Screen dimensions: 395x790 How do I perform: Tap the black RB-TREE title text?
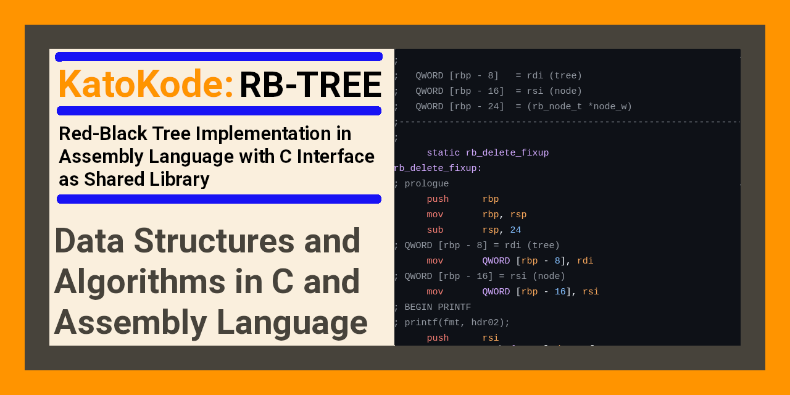310,85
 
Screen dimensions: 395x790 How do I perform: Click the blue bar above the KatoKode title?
218,57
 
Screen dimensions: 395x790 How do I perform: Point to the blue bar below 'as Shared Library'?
218,199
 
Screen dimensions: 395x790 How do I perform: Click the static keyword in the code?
443,153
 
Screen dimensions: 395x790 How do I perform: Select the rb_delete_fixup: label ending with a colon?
438,168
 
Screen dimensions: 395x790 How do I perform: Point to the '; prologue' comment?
422,184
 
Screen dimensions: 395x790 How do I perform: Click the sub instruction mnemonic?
434,230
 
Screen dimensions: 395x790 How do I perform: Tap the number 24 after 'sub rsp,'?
515,230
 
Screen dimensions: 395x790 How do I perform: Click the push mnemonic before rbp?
438,199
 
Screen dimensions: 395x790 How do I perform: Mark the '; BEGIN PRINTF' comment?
432,307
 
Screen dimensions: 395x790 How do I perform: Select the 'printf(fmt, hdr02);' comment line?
457,323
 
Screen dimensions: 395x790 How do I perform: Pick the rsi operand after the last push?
490,338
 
